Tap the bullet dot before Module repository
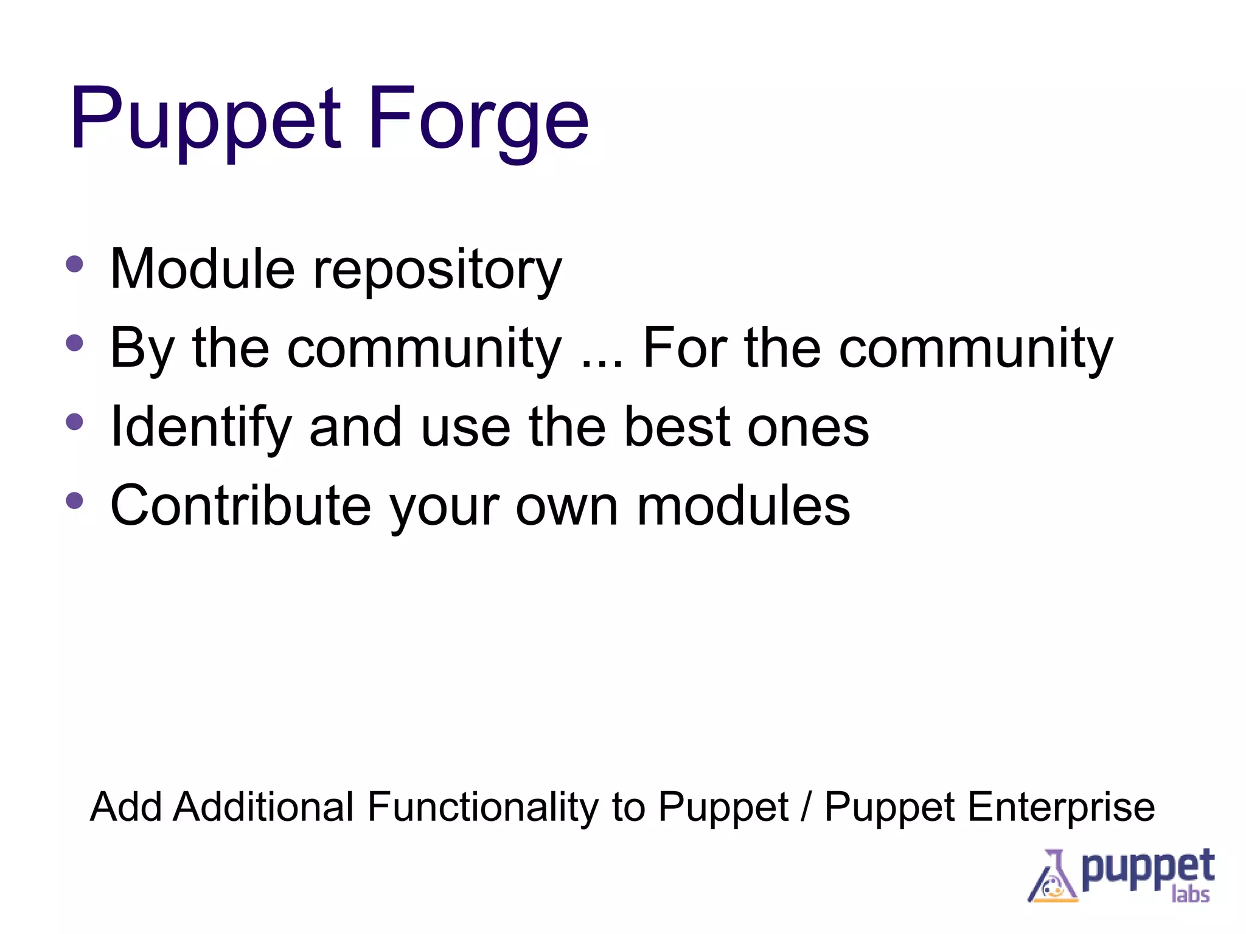click(x=74, y=264)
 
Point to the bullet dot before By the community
click(x=74, y=342)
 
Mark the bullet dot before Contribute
click(x=74, y=500)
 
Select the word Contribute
click(x=240, y=506)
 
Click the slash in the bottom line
click(x=806, y=808)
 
